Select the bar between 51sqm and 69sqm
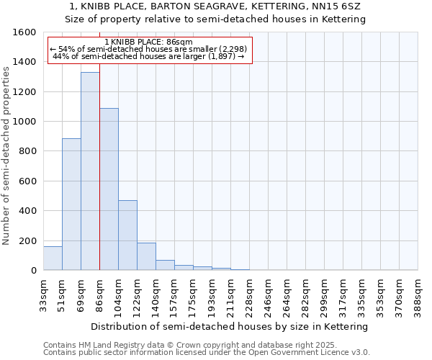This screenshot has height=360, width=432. coord(71,204)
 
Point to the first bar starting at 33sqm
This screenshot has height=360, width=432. coord(53,258)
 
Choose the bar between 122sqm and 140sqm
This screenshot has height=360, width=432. coord(146,256)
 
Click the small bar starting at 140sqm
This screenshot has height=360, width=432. coord(165,265)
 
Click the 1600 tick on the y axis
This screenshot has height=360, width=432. coord(27,32)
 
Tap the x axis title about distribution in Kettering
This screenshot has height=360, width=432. coord(230,326)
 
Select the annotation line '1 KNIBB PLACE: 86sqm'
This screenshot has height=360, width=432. coord(148,42)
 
